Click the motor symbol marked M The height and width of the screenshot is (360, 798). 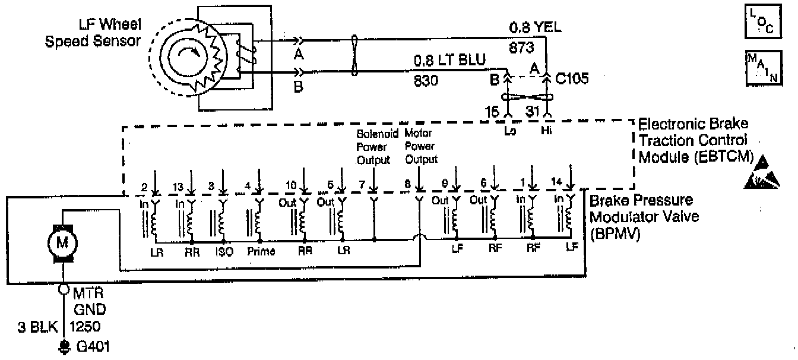coord(62,242)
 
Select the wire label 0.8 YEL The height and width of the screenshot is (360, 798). coord(535,28)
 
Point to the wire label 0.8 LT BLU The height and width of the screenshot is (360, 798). coord(450,59)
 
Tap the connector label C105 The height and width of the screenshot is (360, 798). coord(573,79)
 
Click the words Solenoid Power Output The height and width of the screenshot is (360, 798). coord(373,146)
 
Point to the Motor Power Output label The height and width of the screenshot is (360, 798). coord(420,146)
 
